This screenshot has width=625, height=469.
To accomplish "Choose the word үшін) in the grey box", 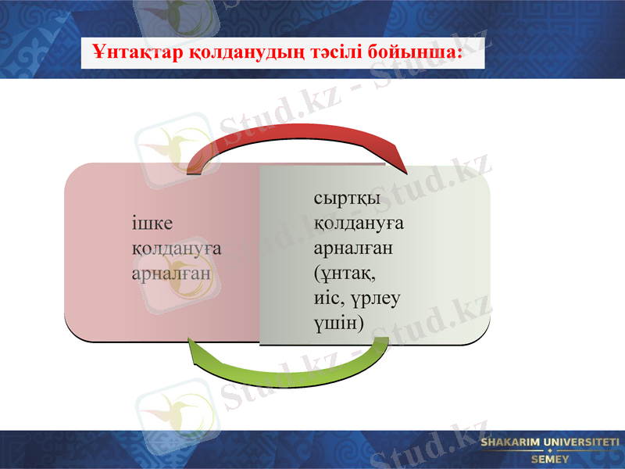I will click(338, 322).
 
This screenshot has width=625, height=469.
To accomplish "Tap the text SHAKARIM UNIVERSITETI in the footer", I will click(550, 443).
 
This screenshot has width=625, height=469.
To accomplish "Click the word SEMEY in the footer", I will click(551, 460).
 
